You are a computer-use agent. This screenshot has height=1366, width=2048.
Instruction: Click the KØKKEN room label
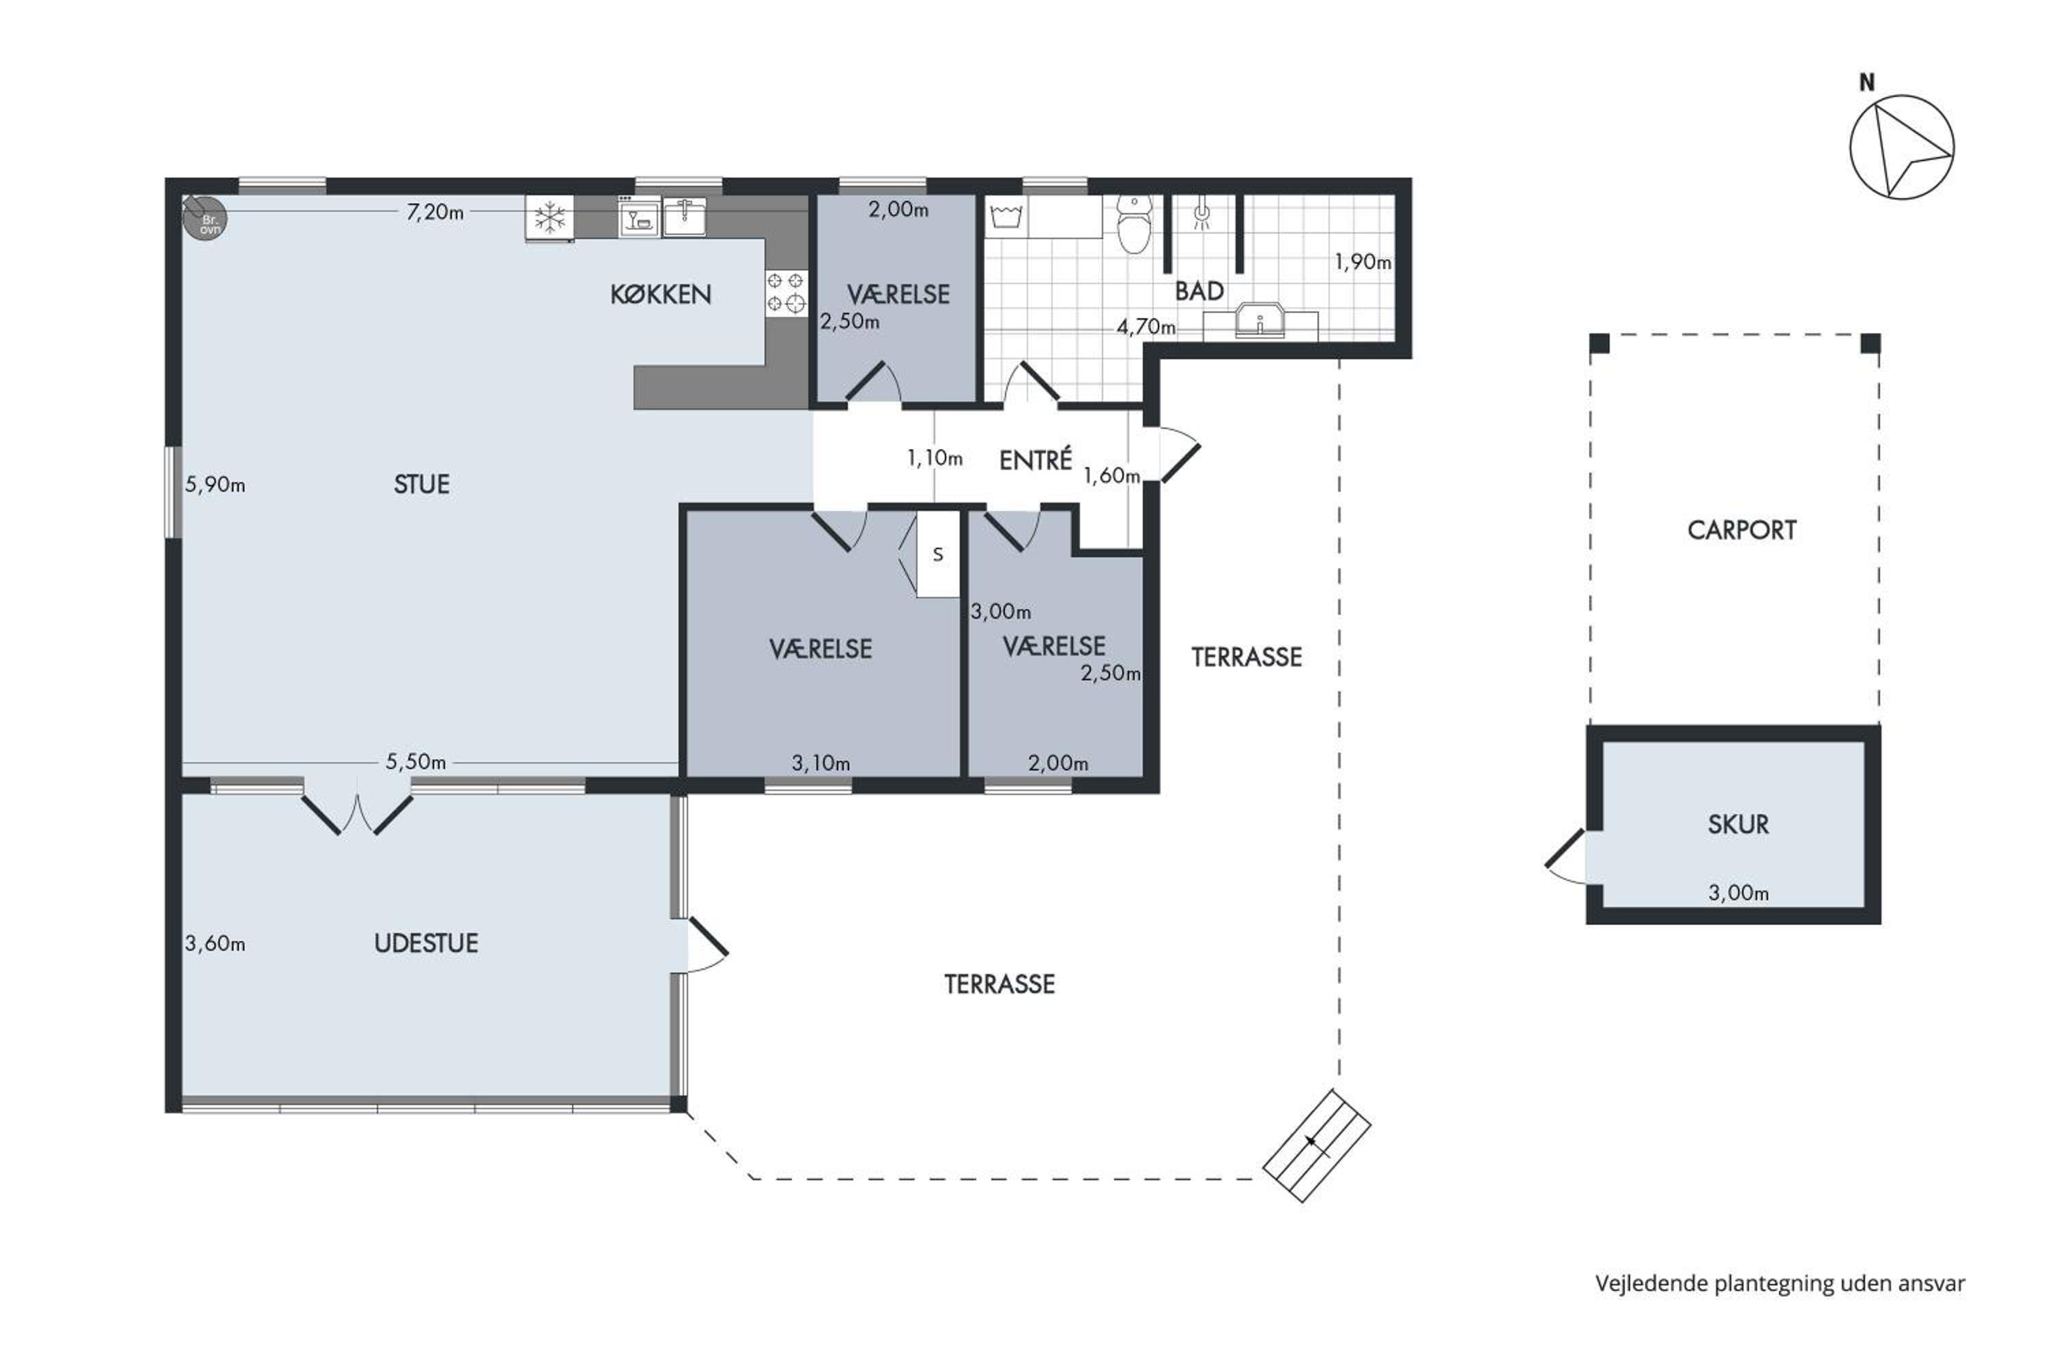point(660,294)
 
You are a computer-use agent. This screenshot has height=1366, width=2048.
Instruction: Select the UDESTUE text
point(426,943)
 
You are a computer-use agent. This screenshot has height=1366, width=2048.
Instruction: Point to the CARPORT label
point(1741,531)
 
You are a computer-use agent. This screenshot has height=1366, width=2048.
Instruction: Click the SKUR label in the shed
point(1738,824)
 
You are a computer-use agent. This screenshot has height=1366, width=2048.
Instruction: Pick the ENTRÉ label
point(1036,460)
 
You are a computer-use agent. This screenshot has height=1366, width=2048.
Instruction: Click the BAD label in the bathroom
point(1199,291)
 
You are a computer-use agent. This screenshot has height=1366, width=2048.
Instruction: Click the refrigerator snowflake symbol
point(550,218)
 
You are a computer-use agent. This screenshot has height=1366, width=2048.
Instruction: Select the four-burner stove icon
point(786,293)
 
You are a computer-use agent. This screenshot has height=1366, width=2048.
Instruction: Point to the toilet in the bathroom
point(1134,224)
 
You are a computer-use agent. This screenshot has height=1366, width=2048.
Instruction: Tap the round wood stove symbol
point(205,218)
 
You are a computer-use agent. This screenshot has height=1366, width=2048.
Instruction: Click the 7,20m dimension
point(434,212)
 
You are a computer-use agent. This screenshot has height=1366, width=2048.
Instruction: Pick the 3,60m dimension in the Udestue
point(215,943)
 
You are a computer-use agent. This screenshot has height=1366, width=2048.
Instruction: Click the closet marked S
point(938,554)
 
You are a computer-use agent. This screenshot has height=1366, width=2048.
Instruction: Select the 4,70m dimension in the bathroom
point(1146,328)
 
